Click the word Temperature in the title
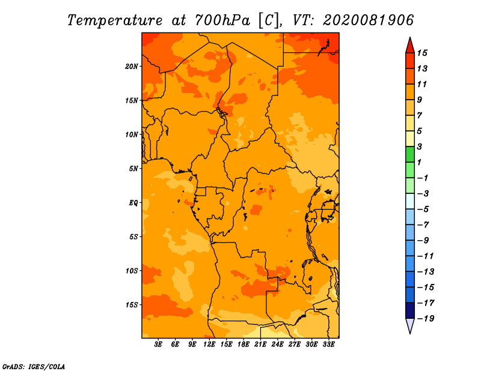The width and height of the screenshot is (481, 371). [x=115, y=21]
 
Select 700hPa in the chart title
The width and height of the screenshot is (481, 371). [x=222, y=20]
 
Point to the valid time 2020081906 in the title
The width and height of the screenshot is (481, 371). [x=369, y=20]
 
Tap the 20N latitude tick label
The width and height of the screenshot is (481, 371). [x=132, y=67]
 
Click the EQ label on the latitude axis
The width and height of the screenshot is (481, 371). [x=133, y=203]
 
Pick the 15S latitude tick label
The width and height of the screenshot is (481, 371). [x=132, y=305]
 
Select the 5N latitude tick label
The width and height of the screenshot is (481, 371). [x=133, y=169]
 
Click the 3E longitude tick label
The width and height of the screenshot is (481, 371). [x=158, y=345]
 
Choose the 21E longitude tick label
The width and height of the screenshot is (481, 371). [x=260, y=345]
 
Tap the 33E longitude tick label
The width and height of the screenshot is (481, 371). [x=328, y=345]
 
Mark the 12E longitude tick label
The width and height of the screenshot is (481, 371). [x=209, y=345]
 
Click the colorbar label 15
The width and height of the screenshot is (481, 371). [x=422, y=53]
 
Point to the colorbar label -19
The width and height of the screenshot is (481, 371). [x=426, y=319]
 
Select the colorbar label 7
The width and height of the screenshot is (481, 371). [x=420, y=116]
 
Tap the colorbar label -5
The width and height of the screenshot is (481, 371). [x=423, y=210]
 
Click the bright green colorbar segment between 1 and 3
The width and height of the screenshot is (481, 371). [x=410, y=154]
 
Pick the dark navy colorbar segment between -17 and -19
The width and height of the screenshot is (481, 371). [x=410, y=310]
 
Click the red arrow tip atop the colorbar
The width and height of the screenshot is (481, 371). [x=410, y=37]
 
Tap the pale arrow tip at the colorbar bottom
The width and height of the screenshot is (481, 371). [x=410, y=333]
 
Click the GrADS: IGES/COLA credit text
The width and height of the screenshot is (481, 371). [x=34, y=367]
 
